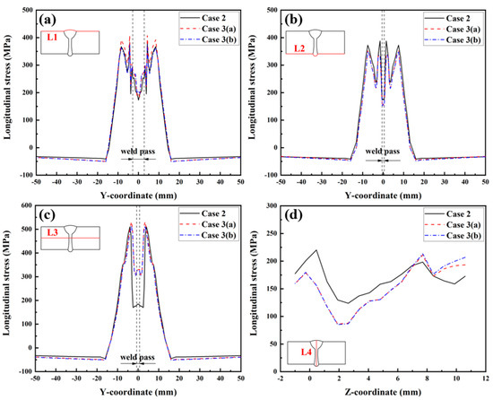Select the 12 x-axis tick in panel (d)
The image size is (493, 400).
click(485, 379)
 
